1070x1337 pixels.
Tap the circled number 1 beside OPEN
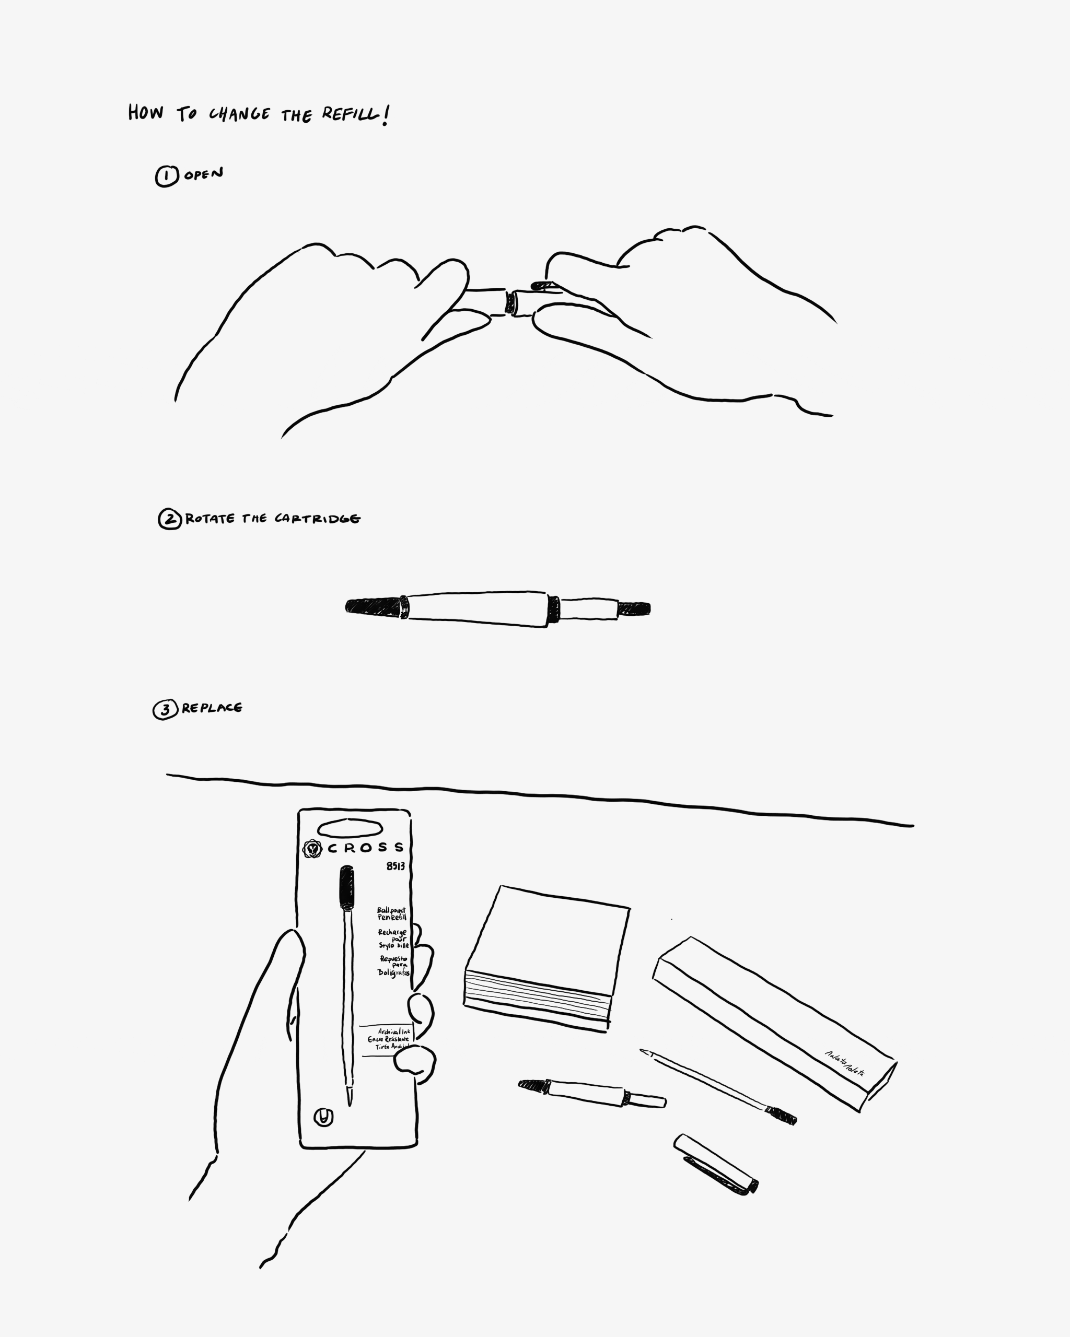pyautogui.click(x=166, y=177)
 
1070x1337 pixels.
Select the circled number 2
pyautogui.click(x=169, y=519)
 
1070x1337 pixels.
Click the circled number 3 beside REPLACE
pyautogui.click(x=165, y=709)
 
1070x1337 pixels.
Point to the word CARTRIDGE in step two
pyautogui.click(x=317, y=519)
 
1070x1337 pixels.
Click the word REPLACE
pyautogui.click(x=212, y=708)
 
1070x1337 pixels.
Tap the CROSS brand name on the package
pyautogui.click(x=365, y=848)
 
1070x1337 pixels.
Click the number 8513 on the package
pyautogui.click(x=395, y=866)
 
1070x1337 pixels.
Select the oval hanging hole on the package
pyautogui.click(x=350, y=828)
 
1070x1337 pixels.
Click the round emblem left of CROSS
pyautogui.click(x=312, y=848)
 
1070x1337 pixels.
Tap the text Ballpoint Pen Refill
pyautogui.click(x=391, y=913)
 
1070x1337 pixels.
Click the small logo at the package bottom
pyautogui.click(x=323, y=1118)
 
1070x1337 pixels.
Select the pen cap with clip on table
pyautogui.click(x=715, y=1165)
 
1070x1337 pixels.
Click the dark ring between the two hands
pyautogui.click(x=510, y=302)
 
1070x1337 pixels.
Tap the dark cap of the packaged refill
pyautogui.click(x=347, y=887)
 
